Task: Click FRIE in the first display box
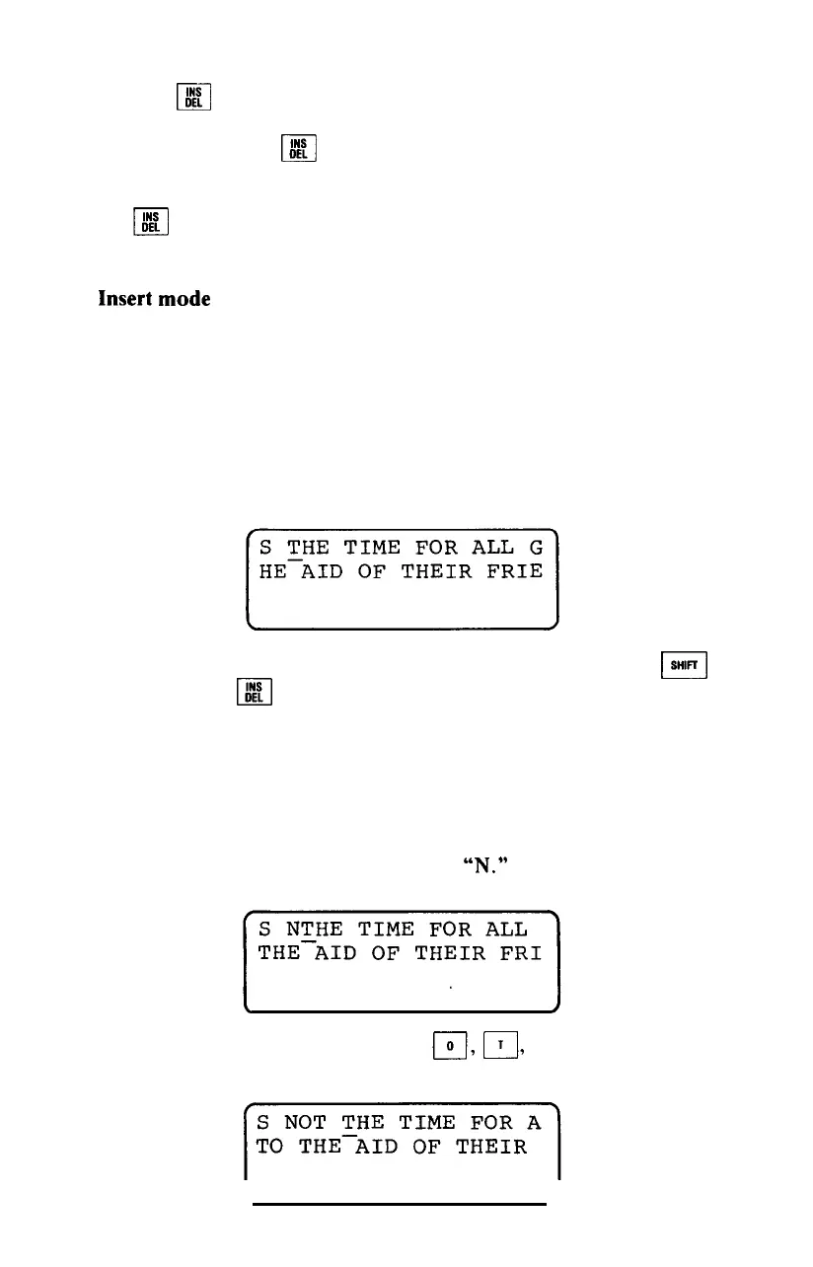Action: tap(514, 570)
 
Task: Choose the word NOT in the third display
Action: tap(305, 1122)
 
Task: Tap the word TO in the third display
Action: tap(269, 1148)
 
